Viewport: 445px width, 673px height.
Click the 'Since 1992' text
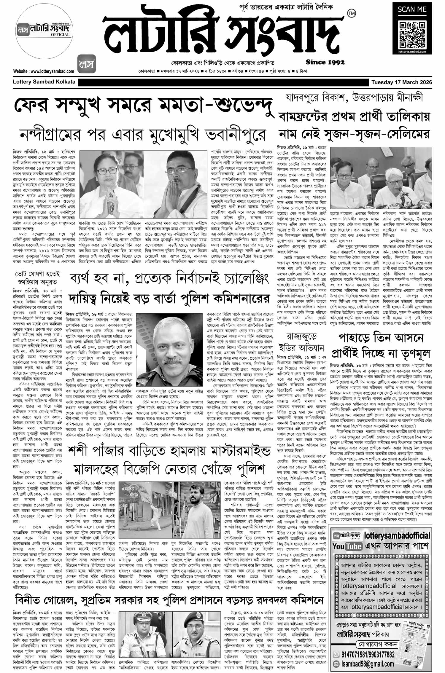[325, 62]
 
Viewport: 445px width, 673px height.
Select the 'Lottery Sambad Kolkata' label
[44, 82]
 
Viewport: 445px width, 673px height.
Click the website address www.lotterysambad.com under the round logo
[44, 71]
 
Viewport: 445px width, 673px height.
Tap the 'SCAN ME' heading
[412, 10]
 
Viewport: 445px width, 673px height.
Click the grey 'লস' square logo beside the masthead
[87, 64]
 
